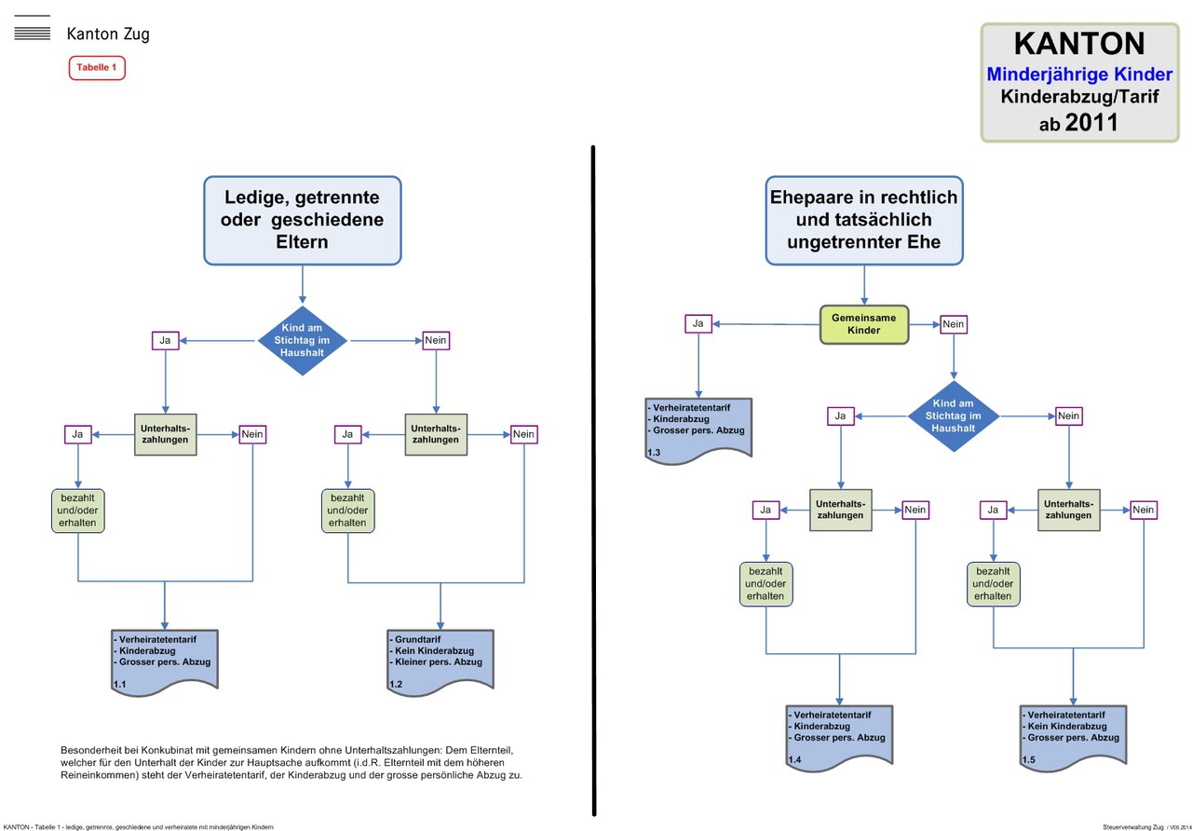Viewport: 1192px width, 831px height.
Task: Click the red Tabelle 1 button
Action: click(x=97, y=68)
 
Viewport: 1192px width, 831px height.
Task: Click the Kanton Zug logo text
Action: click(x=107, y=34)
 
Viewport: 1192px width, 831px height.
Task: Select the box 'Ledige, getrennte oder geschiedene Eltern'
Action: click(x=302, y=220)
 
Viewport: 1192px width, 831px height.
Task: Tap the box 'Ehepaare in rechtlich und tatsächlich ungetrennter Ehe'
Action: click(x=863, y=220)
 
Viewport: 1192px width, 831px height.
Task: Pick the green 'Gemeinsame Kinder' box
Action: click(x=863, y=324)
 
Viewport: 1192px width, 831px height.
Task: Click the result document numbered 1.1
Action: click(x=165, y=661)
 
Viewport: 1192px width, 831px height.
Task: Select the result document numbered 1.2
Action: click(x=440, y=661)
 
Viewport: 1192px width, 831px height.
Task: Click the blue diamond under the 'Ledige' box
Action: click(x=302, y=341)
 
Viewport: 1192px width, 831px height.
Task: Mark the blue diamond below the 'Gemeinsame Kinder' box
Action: click(x=954, y=415)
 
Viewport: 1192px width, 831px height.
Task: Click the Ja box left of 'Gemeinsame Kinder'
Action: click(x=698, y=323)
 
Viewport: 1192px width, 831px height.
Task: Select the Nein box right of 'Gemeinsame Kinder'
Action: click(x=954, y=324)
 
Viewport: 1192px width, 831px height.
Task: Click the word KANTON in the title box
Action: click(x=1078, y=44)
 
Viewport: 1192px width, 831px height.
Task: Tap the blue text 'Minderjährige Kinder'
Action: click(x=1078, y=74)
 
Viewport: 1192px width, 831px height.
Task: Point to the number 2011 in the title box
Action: click(x=1091, y=122)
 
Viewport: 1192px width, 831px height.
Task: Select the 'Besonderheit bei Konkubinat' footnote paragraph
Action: click(x=291, y=762)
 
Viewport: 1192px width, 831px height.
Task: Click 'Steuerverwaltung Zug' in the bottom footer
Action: click(x=1132, y=826)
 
